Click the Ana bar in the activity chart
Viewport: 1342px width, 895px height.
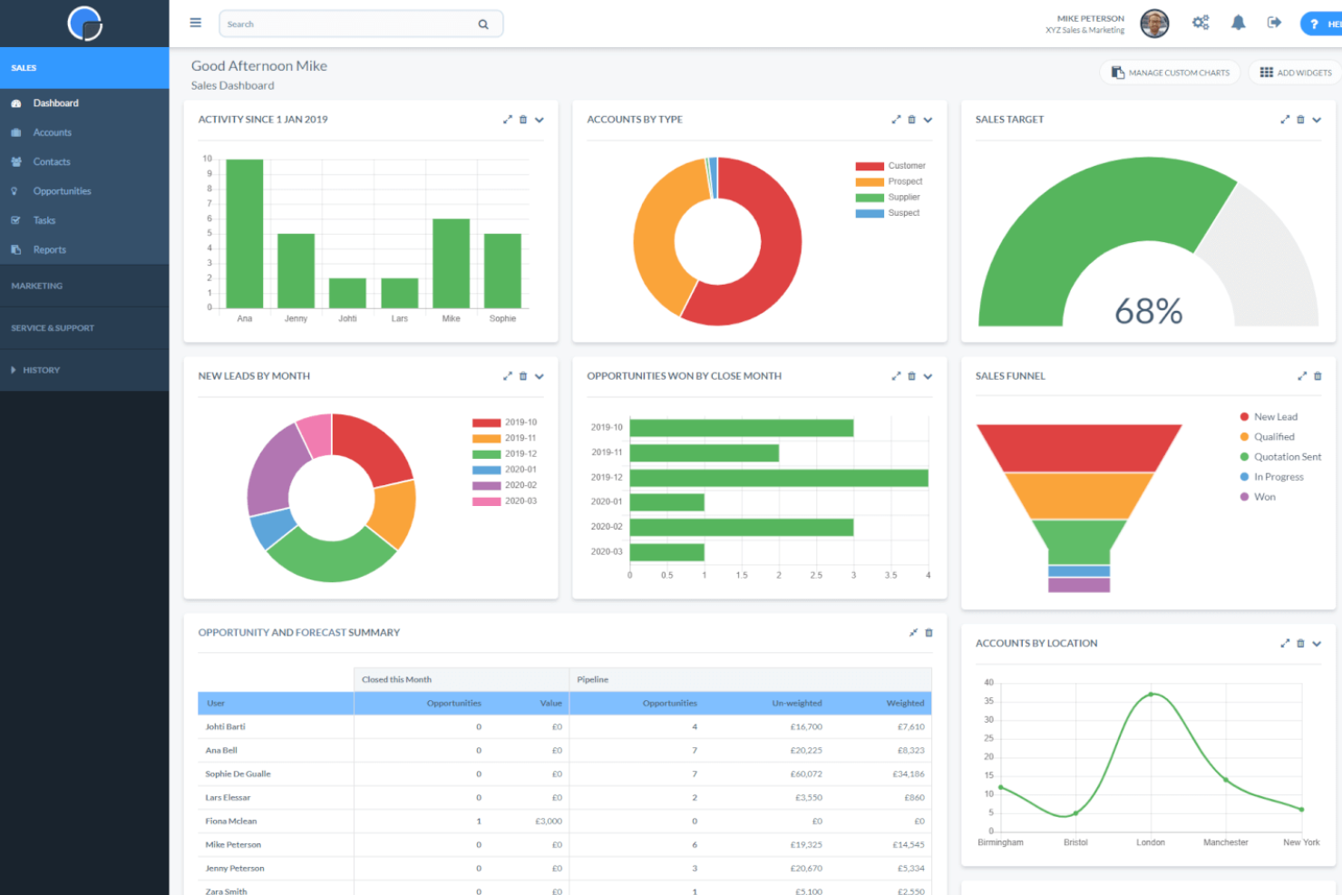pyautogui.click(x=244, y=233)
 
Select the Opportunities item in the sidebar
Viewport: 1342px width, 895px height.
pyautogui.click(x=62, y=191)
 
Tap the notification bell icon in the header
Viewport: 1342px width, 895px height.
pyautogui.click(x=1238, y=23)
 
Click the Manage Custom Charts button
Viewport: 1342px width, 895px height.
pyautogui.click(x=1171, y=73)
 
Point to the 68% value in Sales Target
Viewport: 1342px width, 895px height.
pyautogui.click(x=1148, y=311)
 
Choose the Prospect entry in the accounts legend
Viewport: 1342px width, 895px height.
pyautogui.click(x=904, y=181)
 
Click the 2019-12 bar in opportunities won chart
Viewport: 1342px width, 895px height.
pyautogui.click(x=778, y=477)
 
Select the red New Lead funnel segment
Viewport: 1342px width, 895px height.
pyautogui.click(x=1079, y=447)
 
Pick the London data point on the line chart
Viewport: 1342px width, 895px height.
pyautogui.click(x=1151, y=695)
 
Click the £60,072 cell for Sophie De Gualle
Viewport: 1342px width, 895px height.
pyautogui.click(x=805, y=774)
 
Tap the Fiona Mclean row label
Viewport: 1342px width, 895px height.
pyautogui.click(x=231, y=822)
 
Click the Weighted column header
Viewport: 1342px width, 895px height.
pyautogui.click(x=904, y=703)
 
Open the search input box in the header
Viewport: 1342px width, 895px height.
pyautogui.click(x=349, y=24)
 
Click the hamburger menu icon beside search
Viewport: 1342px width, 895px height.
pyautogui.click(x=195, y=23)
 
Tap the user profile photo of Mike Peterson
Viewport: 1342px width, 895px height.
pyautogui.click(x=1154, y=24)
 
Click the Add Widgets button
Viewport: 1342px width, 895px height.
pyautogui.click(x=1295, y=73)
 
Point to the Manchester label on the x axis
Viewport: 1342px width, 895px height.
pyautogui.click(x=1225, y=842)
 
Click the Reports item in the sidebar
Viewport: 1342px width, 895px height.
pyautogui.click(x=50, y=250)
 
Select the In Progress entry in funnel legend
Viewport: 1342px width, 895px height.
pyautogui.click(x=1278, y=477)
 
